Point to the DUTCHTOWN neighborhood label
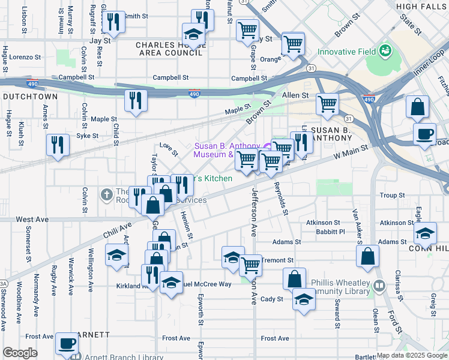[x=29, y=97]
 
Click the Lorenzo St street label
[x=25, y=58]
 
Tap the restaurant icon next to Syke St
[x=58, y=144]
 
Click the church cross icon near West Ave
[x=107, y=194]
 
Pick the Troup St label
[x=391, y=196]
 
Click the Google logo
[x=20, y=353]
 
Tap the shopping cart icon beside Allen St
[x=328, y=104]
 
